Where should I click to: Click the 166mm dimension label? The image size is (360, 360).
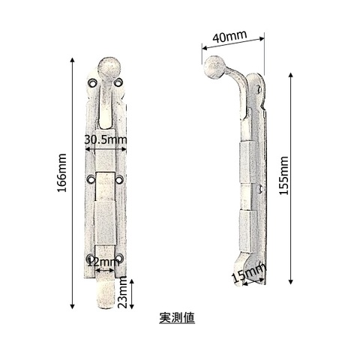pos(62,172)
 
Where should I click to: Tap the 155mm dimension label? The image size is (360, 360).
pos(283,175)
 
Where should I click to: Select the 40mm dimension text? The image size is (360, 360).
pos(229,36)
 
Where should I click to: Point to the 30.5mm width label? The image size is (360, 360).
pos(106,139)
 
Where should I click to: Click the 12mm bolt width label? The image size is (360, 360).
pos(103,262)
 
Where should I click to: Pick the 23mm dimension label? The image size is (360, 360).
pos(122,293)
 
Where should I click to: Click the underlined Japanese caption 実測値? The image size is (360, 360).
pos(177,318)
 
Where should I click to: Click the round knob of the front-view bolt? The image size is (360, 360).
pos(109,68)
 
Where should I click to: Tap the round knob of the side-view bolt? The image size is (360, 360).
pos(214,67)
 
